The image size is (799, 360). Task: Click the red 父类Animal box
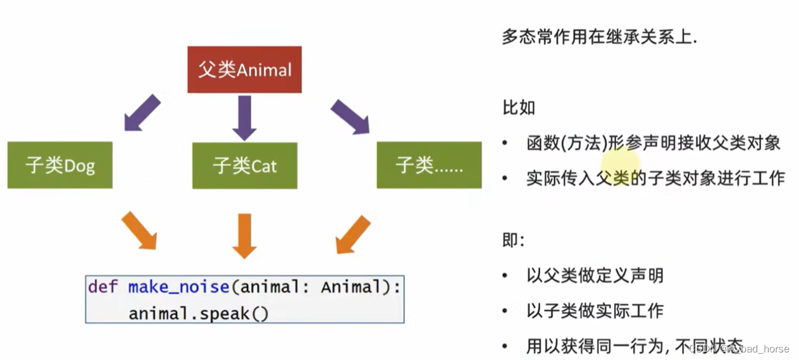point(245,70)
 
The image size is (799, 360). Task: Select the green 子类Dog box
point(60,165)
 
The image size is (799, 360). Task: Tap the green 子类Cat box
point(245,165)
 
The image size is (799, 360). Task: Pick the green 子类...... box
point(429,165)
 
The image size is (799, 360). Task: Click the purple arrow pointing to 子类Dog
point(142,113)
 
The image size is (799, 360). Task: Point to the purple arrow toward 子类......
point(350,116)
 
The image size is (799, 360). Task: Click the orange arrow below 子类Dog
point(139,230)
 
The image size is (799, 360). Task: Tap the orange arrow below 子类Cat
point(244,235)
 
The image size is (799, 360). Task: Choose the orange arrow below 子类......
point(353,233)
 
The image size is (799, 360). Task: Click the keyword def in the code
point(102,287)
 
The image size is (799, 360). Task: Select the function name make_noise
point(178,287)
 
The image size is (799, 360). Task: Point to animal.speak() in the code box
point(199,313)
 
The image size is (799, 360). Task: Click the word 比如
point(519,108)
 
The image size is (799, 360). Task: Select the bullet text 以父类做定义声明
point(595,275)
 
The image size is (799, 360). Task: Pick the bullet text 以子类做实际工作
point(595,311)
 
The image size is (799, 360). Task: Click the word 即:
point(513,240)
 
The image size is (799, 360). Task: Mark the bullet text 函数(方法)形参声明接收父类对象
point(653,143)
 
